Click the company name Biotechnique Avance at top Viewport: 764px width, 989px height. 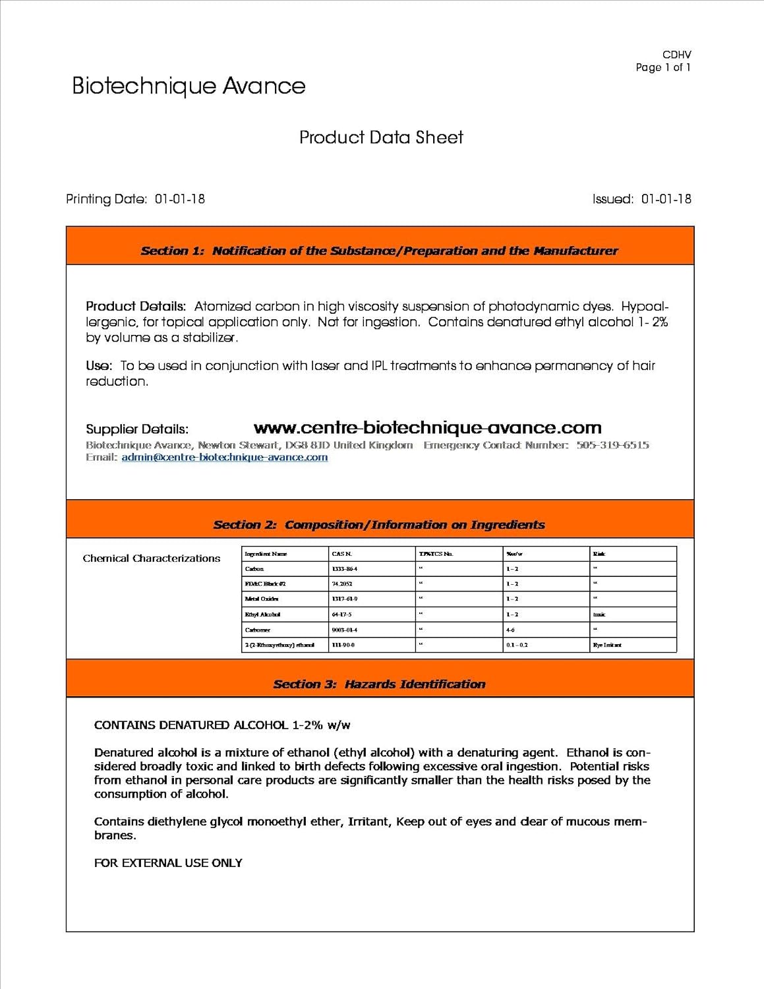189,86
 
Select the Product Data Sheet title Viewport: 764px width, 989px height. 381,137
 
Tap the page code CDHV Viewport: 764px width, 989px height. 676,55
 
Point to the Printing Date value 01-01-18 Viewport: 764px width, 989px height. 180,199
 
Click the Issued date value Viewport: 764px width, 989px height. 666,199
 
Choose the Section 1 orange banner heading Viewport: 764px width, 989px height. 379,251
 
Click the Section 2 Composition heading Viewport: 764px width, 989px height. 379,525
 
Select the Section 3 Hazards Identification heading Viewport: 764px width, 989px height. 379,684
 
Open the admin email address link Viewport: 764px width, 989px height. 224,458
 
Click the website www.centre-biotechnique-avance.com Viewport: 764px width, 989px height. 427,429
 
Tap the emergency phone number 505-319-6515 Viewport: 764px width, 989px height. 612,445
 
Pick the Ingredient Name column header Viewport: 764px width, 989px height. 266,554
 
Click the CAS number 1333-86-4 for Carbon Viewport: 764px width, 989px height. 344,569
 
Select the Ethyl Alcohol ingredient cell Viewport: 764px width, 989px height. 262,614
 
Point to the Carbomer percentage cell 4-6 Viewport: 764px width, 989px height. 511,630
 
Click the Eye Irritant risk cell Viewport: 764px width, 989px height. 607,645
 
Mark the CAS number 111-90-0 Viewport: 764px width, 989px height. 343,645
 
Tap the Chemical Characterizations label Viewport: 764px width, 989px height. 152,558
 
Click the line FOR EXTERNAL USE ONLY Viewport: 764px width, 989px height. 168,863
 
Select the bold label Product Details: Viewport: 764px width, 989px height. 136,307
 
